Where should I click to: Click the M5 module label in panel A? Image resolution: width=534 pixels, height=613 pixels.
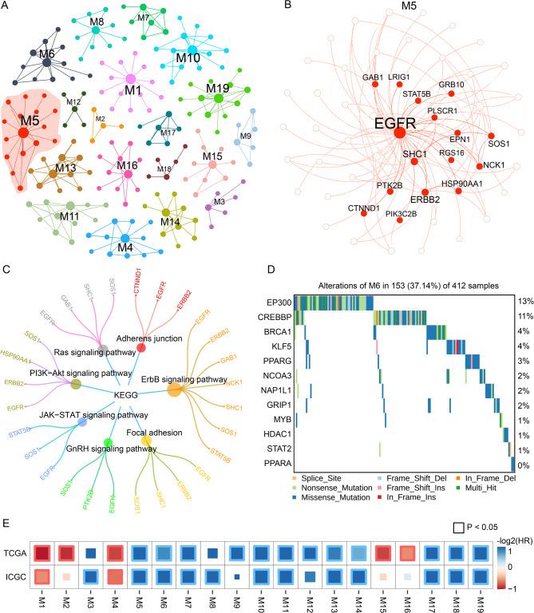click(30, 121)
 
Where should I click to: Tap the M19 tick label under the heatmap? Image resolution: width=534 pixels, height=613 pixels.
click(505, 595)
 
